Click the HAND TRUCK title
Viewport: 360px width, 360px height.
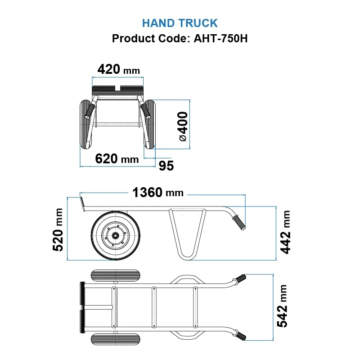pyautogui.click(x=180, y=23)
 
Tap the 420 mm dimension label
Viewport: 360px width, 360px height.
pyautogui.click(x=118, y=70)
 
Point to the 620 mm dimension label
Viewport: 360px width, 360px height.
pyautogui.click(x=117, y=158)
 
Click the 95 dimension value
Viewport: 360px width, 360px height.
pyautogui.click(x=166, y=166)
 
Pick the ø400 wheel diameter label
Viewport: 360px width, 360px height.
pyautogui.click(x=183, y=126)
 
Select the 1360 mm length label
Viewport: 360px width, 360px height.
pyautogui.click(x=157, y=193)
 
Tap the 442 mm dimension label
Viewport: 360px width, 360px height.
pyautogui.click(x=286, y=232)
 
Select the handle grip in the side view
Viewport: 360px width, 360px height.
pyautogui.click(x=239, y=222)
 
